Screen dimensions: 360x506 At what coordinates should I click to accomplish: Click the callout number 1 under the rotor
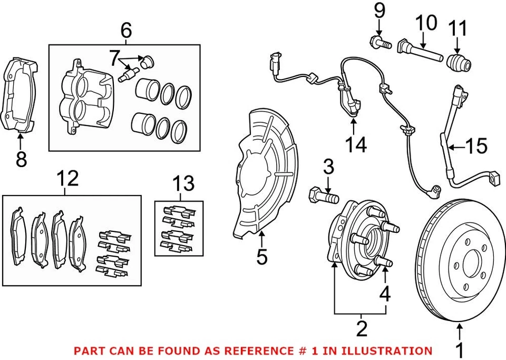(x=460, y=349)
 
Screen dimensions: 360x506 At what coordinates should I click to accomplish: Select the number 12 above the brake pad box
(x=68, y=179)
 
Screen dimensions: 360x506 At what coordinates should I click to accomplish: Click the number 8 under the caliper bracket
(x=21, y=159)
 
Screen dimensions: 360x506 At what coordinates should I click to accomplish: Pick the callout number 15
(x=476, y=146)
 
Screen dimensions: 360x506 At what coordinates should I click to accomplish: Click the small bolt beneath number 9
(x=380, y=43)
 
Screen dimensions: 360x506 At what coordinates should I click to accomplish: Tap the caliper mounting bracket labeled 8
(x=21, y=95)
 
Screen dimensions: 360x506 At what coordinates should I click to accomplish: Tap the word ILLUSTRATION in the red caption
(x=395, y=350)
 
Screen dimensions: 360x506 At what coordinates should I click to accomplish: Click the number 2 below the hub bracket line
(x=361, y=328)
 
